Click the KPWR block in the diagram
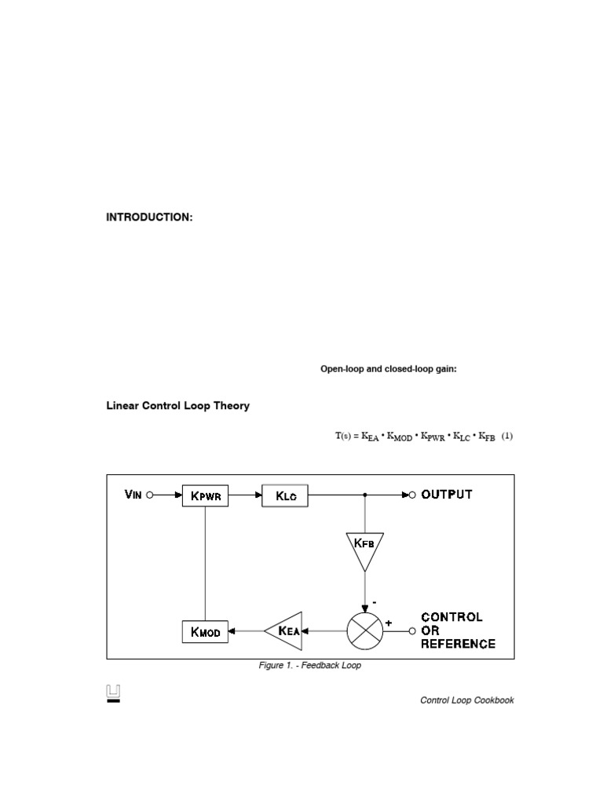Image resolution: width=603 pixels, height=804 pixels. [x=206, y=495]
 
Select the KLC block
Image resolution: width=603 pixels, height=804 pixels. [x=284, y=495]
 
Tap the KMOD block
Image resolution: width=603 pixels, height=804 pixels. [x=205, y=630]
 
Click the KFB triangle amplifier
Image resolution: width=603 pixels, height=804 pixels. [x=364, y=547]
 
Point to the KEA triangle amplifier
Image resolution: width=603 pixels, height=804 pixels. [x=285, y=630]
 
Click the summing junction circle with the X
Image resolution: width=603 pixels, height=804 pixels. [x=364, y=630]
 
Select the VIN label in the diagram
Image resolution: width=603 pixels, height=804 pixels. [x=133, y=495]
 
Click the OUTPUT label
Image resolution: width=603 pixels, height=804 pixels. [x=447, y=495]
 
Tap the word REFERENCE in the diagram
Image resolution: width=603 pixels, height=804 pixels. [x=459, y=644]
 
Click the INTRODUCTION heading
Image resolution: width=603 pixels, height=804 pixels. [x=149, y=217]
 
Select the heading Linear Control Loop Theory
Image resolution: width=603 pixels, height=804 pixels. [x=178, y=406]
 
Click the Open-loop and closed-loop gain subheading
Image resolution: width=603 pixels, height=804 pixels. [x=388, y=369]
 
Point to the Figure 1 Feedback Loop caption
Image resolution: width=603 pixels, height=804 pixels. [x=310, y=666]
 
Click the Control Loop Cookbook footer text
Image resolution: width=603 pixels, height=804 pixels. [x=467, y=700]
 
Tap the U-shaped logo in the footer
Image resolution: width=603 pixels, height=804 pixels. [x=114, y=693]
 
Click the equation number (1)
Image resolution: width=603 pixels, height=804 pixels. [x=507, y=437]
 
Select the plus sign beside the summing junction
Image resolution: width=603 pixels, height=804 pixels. [x=388, y=622]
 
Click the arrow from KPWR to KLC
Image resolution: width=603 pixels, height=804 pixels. [x=245, y=495]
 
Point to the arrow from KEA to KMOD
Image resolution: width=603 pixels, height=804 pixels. [x=247, y=630]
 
